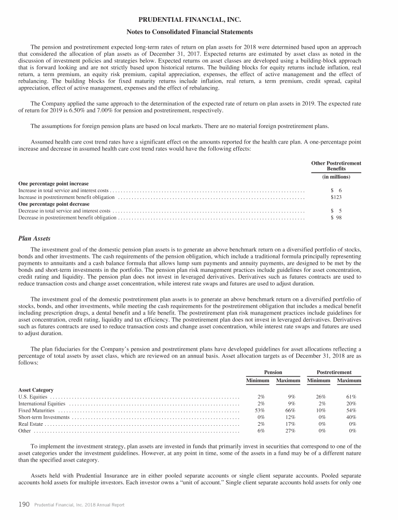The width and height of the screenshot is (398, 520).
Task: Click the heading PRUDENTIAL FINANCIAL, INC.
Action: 199,20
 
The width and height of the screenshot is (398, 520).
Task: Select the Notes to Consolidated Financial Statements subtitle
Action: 199,32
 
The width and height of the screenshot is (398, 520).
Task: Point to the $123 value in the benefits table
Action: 336,197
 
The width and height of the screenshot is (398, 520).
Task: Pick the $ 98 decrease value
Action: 336,218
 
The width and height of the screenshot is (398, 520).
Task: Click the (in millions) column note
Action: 336,177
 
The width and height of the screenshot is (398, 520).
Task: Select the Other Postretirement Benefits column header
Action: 336,166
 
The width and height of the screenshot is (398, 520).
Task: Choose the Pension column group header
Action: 273,372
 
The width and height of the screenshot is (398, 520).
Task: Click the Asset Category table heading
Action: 36,389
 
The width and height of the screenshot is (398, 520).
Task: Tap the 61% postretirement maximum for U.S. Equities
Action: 352,397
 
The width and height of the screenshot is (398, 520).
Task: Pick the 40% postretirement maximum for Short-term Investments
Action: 352,417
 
